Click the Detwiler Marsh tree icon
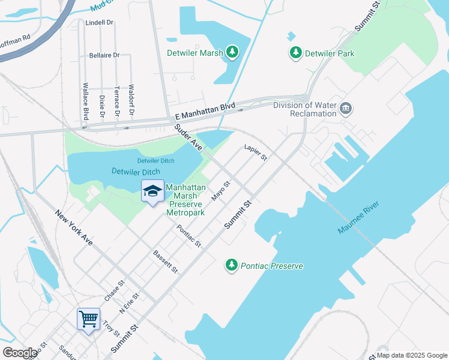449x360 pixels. [x=232, y=53]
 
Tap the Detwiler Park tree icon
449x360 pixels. [x=295, y=53]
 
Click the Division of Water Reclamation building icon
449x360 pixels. [x=346, y=109]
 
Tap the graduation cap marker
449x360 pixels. [x=152, y=191]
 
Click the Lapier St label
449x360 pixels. [x=255, y=152]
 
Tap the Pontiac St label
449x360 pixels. [x=189, y=236]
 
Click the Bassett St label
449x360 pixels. [x=166, y=262]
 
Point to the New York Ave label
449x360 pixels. [x=74, y=227]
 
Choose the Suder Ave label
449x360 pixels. [x=188, y=137]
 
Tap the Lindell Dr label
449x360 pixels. [x=100, y=22]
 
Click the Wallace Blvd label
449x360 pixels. [x=86, y=101]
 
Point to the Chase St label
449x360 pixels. [x=114, y=290]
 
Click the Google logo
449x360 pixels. [x=20, y=353]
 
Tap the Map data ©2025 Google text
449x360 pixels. [x=411, y=355]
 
